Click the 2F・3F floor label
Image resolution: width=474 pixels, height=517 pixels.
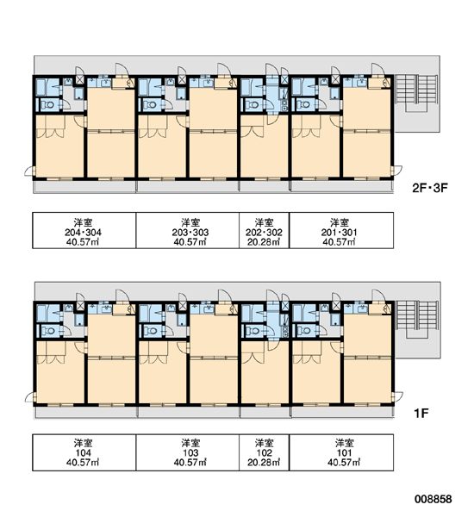coord(430,188)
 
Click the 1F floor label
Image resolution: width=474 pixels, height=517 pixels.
coord(421,413)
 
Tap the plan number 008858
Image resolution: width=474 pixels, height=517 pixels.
coord(433,499)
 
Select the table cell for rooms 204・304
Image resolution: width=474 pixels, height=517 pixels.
coord(84,230)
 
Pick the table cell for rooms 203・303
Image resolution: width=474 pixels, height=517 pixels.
coord(187,230)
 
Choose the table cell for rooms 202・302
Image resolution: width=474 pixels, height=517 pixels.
coord(265,230)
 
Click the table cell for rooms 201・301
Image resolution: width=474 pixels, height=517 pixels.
coord(341,230)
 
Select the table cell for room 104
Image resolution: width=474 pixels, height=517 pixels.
coord(84,452)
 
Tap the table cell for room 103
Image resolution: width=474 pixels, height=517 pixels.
coord(187,452)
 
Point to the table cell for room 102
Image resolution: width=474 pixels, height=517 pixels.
coord(265,452)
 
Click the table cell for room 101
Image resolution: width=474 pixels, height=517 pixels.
coord(341,452)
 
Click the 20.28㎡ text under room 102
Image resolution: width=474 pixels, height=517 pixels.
coord(264,463)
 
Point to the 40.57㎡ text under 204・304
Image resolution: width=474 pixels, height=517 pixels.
coord(83,242)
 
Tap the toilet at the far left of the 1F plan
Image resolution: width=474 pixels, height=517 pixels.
coord(50,331)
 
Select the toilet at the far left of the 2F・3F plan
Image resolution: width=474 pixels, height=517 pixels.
coord(49,105)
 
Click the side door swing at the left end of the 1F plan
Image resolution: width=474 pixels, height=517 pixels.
coord(29,397)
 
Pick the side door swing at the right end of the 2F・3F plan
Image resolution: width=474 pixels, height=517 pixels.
coord(397,171)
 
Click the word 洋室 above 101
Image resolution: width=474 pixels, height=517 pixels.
coord(344,443)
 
